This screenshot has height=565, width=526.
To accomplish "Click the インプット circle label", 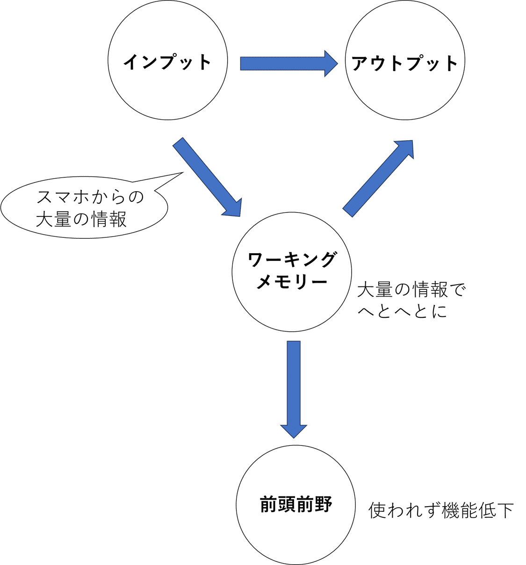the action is tap(167, 62).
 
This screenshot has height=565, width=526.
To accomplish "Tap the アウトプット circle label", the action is tap(404, 63).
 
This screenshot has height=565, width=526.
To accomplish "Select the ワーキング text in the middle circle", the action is tap(291, 259).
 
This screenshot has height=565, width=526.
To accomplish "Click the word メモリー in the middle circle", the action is tap(292, 282).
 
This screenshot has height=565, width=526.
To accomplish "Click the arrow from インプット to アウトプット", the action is tap(289, 64).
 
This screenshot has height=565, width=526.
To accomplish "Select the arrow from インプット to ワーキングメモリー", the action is tap(207, 177).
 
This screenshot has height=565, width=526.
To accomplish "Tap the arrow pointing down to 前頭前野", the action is tap(294, 389).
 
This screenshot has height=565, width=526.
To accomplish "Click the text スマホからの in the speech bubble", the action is tap(90, 197).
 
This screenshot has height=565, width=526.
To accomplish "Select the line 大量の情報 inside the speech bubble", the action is tap(81, 219).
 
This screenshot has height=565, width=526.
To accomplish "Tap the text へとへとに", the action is tap(402, 312).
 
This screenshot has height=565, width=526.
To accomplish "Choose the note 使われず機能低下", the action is tap(441, 510).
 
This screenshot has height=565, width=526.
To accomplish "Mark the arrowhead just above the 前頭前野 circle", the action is tap(294, 431).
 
